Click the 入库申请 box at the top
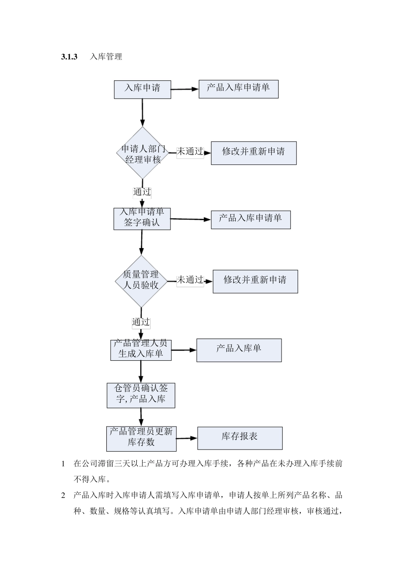142,89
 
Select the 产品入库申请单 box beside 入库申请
238,89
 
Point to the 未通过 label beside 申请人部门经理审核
190,152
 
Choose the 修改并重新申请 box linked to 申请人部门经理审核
253,153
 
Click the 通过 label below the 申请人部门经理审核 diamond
142,192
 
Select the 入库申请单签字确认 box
142,218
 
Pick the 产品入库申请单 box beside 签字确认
250,220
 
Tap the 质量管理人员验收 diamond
141,281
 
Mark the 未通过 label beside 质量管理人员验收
190,280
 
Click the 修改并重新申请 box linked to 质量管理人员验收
255,281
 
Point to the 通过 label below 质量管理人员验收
141,322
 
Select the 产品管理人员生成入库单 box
141,350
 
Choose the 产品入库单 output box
239,350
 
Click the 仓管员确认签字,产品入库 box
141,395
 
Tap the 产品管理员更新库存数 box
141,438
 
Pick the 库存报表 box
240,438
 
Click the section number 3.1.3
69,57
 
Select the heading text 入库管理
106,57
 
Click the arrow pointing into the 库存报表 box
187,438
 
